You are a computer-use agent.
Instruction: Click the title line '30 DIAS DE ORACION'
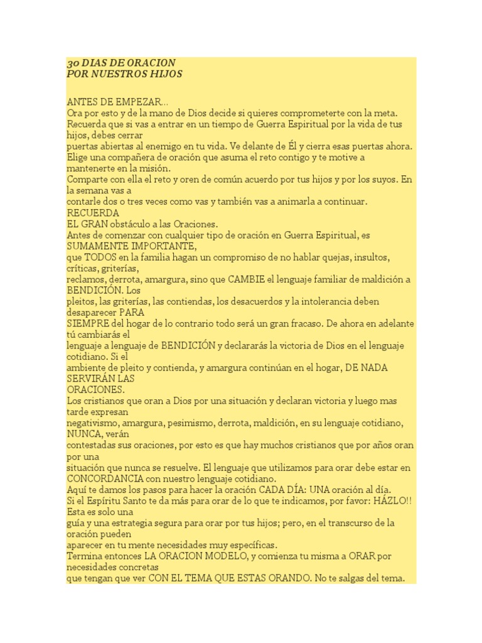pyautogui.click(x=121, y=63)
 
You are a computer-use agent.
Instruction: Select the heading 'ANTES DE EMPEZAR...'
pyautogui.click(x=117, y=102)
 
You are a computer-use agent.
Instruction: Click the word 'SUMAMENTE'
pyautogui.click(x=94, y=246)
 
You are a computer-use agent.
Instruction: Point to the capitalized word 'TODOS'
pyautogui.click(x=101, y=257)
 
